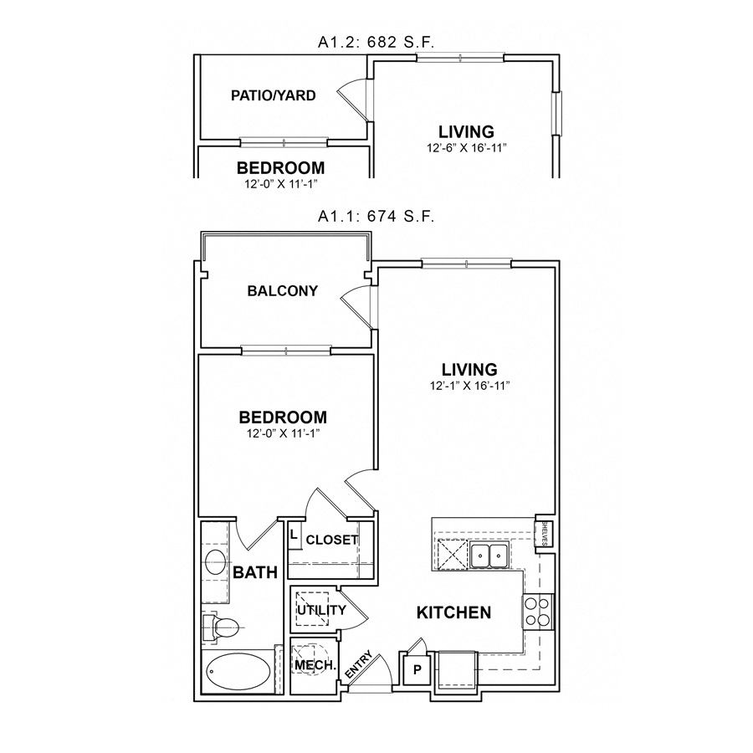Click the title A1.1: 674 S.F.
[x=376, y=217]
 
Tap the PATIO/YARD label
[x=274, y=95]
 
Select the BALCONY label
[x=283, y=291]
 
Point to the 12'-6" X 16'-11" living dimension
[x=466, y=148]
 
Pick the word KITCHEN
[x=453, y=613]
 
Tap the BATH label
[x=255, y=573]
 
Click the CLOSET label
[x=332, y=540]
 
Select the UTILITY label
[x=321, y=610]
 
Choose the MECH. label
[x=315, y=666]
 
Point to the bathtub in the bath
[x=237, y=673]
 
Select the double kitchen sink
[x=488, y=554]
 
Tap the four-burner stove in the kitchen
[x=536, y=612]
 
